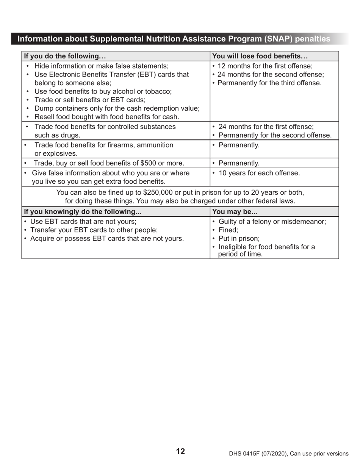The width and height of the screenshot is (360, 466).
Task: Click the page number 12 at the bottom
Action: pyautogui.click(x=180, y=451)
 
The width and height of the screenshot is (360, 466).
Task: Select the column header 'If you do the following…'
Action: pyautogui.click(x=65, y=56)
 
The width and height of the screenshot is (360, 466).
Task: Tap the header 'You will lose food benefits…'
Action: pyautogui.click(x=260, y=56)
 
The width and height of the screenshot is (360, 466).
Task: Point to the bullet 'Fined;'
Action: pyautogui.click(x=229, y=230)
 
